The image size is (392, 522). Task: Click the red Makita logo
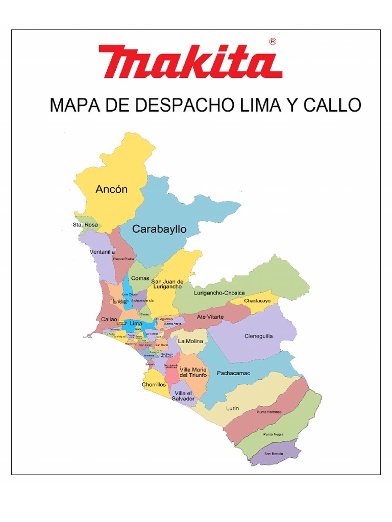190,62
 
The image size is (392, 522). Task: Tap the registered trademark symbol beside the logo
273,42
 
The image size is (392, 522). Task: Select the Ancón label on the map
111,189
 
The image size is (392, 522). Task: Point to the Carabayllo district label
159,229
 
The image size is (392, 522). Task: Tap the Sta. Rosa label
85,224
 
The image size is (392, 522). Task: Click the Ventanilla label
102,252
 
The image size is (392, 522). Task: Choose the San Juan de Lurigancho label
167,284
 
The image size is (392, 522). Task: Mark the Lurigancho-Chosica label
219,293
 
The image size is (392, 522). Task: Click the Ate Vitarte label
210,317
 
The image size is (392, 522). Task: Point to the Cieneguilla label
259,336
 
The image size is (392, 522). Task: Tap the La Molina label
190,341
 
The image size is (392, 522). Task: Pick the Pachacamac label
233,373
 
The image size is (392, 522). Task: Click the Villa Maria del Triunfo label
193,372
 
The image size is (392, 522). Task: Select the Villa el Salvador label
184,396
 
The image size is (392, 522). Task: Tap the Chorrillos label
154,385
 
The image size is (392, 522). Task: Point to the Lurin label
232,408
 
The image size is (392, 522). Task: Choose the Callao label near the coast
109,319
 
